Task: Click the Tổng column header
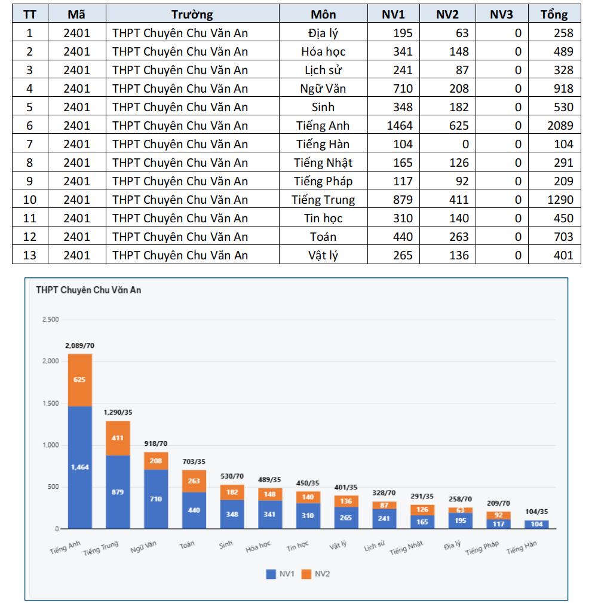tap(554, 14)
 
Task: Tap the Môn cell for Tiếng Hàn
tap(323, 144)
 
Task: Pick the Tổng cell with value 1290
tap(554, 200)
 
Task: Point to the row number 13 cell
tap(30, 255)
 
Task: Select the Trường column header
tap(192, 14)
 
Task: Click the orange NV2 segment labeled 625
tap(79, 379)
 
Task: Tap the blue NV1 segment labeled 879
tap(118, 492)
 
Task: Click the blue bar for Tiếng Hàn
tap(536, 524)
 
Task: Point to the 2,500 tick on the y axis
tap(50, 320)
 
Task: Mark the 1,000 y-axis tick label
tap(50, 445)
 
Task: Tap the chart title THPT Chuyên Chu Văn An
tap(88, 290)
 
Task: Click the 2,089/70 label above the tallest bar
tap(79, 346)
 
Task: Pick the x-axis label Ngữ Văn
tap(144, 546)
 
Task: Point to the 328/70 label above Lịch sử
tap(384, 493)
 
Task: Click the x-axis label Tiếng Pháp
tap(482, 547)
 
